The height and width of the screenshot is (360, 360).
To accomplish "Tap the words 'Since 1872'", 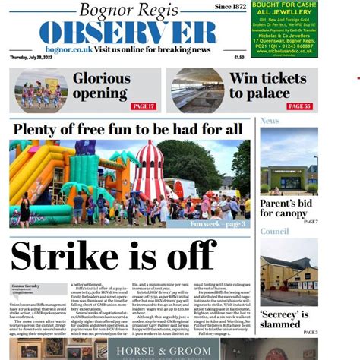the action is pos(231,6).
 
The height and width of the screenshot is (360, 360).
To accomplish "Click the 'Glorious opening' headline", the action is pos(101,85).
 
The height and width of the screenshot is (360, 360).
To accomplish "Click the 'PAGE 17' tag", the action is pos(144,106).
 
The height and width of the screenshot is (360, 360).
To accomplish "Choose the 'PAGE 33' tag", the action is pos(299,106).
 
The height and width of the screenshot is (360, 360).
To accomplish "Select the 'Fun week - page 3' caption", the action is pos(217,223).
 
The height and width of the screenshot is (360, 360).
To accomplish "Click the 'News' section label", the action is pos(270,121).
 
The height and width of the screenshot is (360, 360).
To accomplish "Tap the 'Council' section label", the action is pos(274,231).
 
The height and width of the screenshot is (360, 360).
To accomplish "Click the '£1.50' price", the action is pos(239,57).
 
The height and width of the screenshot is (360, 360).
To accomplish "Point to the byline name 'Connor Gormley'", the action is pos(26,286).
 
